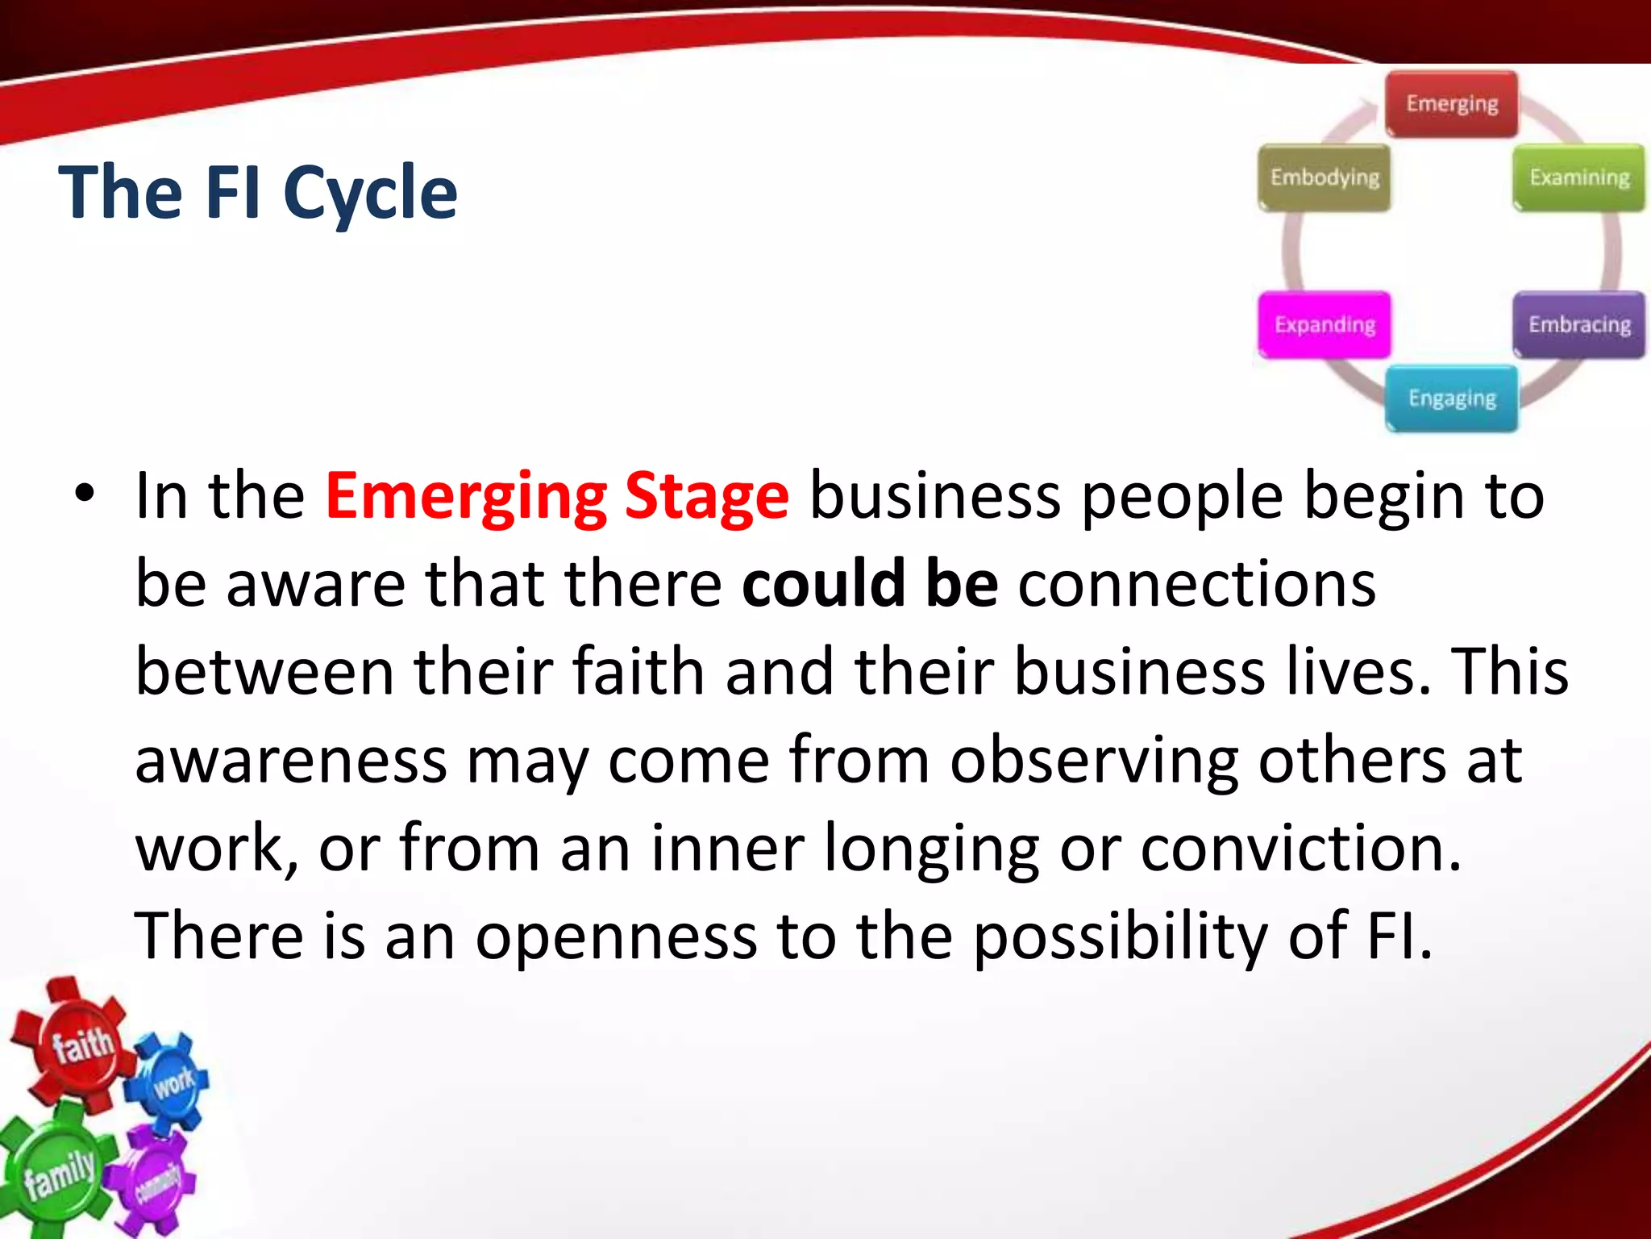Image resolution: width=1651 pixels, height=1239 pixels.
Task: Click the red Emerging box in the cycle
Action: coord(1451,105)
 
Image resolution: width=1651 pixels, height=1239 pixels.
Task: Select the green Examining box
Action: coord(1578,177)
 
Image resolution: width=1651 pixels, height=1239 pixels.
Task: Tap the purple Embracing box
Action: coord(1578,324)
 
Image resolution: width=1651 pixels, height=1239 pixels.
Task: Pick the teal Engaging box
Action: coord(1451,398)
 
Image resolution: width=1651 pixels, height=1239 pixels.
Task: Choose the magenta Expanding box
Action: coord(1325,324)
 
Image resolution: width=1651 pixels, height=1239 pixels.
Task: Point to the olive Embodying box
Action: coord(1325,177)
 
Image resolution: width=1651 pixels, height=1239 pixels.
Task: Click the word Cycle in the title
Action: coord(370,194)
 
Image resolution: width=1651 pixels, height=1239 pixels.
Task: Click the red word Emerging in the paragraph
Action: coord(466,497)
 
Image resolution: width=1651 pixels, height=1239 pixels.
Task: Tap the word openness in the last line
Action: coord(616,937)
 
